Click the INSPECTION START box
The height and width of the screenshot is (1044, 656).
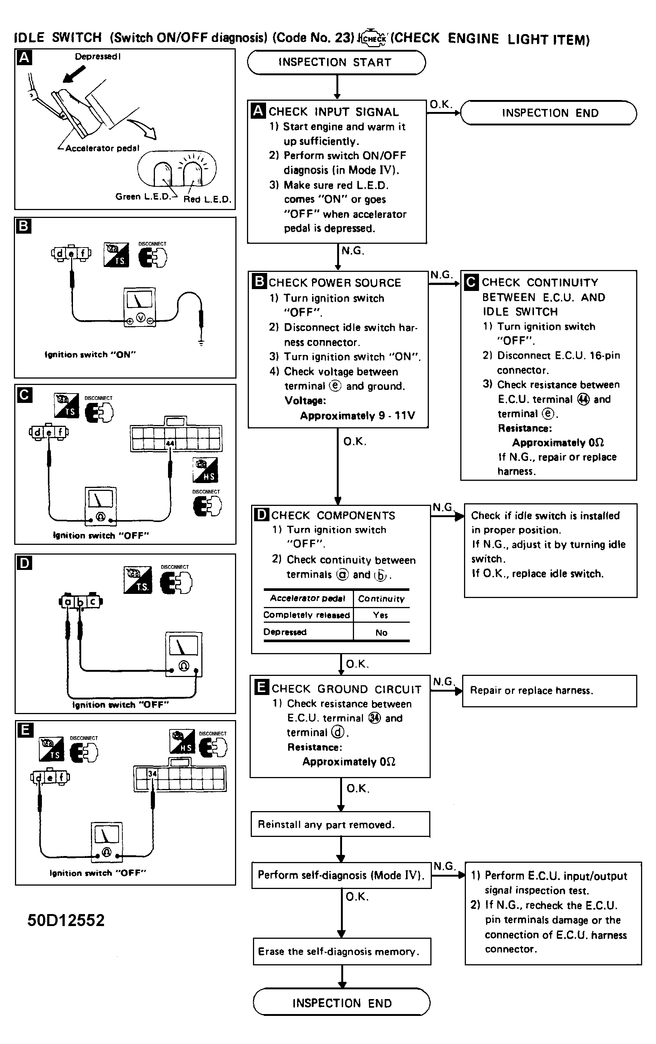[x=336, y=63]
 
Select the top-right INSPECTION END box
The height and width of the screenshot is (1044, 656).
[x=549, y=113]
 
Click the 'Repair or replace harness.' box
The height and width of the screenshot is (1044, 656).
[x=549, y=691]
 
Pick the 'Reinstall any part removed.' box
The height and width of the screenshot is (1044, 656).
[x=341, y=824]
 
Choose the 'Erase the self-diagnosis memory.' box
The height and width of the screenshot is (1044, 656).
[x=342, y=952]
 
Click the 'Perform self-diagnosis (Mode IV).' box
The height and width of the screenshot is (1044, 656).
[x=341, y=875]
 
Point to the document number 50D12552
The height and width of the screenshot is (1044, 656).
[x=66, y=920]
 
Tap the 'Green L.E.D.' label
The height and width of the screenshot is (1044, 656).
[x=143, y=196]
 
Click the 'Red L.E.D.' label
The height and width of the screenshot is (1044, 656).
[x=207, y=200]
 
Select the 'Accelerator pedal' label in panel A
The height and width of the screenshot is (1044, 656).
[x=102, y=148]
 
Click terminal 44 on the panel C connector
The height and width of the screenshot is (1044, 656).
[x=170, y=443]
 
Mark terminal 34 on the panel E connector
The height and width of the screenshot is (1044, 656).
[x=152, y=774]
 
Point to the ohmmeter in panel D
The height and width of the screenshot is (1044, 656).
[x=183, y=654]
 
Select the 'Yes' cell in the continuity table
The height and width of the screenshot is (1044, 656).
[x=381, y=615]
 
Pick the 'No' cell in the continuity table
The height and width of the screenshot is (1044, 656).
[x=381, y=632]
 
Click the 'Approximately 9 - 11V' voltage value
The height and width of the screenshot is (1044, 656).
[x=357, y=416]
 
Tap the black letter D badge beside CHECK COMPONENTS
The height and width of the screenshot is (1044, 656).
[x=261, y=514]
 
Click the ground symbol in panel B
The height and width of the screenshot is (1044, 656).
[x=201, y=343]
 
